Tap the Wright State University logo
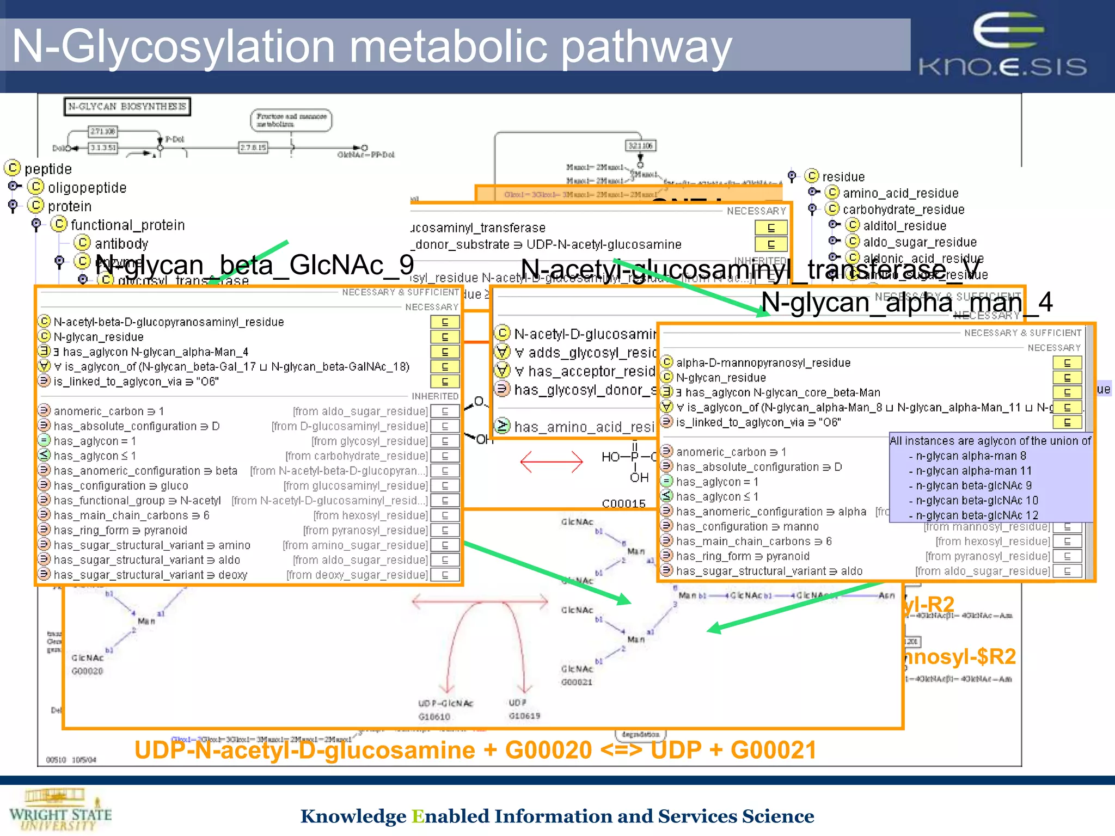(x=60, y=810)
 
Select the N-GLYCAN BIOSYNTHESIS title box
(x=127, y=107)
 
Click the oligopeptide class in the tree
(x=87, y=188)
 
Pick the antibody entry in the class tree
(x=121, y=244)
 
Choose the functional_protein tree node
(x=127, y=225)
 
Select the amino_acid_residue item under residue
(x=900, y=193)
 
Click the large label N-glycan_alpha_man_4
(x=906, y=302)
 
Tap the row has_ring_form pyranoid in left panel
(x=120, y=530)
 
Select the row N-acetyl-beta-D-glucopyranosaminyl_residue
(x=168, y=322)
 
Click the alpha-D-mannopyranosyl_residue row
(x=763, y=363)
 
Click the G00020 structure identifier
(x=87, y=671)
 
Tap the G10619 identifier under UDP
(x=524, y=716)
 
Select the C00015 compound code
(x=623, y=503)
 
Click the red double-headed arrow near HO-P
(x=551, y=462)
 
